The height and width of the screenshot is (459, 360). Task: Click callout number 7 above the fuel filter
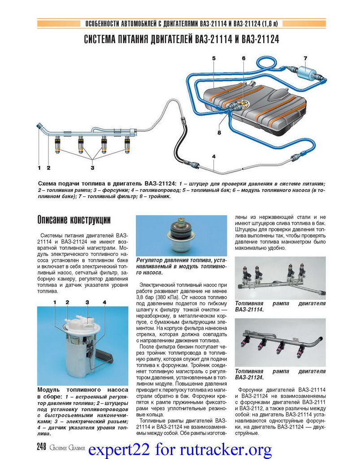[x=305, y=58]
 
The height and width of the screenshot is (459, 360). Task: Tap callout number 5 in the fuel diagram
[x=214, y=58]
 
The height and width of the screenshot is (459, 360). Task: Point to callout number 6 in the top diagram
[x=243, y=58]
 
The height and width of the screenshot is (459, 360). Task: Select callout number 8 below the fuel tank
[x=219, y=133]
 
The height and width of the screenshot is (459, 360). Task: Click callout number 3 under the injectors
[x=92, y=168]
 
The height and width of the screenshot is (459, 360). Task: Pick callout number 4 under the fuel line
[x=214, y=156]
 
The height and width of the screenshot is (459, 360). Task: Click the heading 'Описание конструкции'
[x=74, y=220]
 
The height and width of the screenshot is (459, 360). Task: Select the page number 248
[x=42, y=446]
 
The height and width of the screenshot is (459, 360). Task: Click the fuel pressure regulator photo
[x=182, y=236]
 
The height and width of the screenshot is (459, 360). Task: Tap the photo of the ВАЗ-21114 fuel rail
[x=280, y=278]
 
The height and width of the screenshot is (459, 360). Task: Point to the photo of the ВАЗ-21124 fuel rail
[x=280, y=343]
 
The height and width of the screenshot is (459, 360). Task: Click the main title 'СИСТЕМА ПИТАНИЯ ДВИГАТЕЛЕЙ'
[x=182, y=39]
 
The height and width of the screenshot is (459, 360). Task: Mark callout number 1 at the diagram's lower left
[x=39, y=168]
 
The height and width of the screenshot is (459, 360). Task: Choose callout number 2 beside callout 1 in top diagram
[x=48, y=168]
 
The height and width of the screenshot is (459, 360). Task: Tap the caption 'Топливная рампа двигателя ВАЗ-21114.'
[x=280, y=307]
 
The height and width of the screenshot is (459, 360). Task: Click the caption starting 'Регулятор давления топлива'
[x=182, y=266]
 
